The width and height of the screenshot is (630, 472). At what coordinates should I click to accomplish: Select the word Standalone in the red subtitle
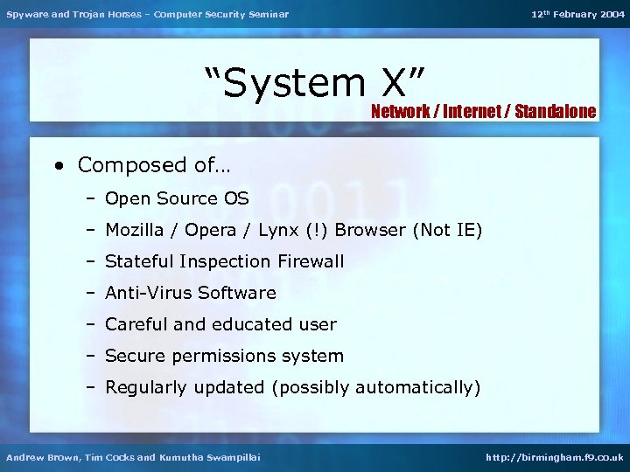click(556, 111)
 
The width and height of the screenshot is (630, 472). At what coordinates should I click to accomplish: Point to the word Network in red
click(400, 111)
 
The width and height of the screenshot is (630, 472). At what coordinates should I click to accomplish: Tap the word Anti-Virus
click(145, 293)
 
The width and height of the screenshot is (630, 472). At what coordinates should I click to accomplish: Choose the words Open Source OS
click(177, 198)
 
